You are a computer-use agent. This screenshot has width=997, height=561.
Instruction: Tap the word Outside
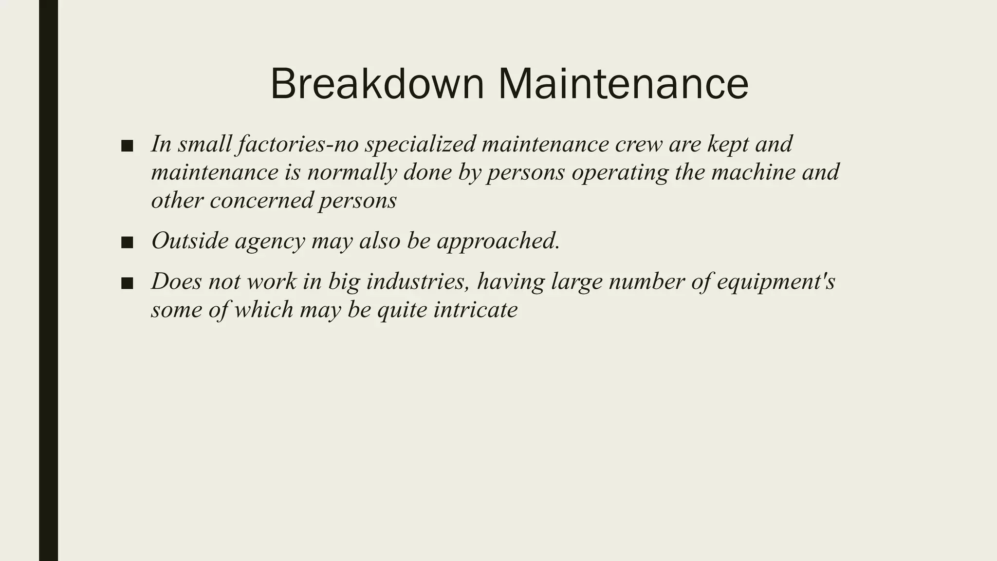[190, 241]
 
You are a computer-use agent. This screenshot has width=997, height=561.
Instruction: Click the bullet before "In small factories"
[127, 146]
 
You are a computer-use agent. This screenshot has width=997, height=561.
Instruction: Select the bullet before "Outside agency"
[127, 242]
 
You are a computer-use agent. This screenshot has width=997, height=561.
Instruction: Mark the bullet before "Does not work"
[127, 283]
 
